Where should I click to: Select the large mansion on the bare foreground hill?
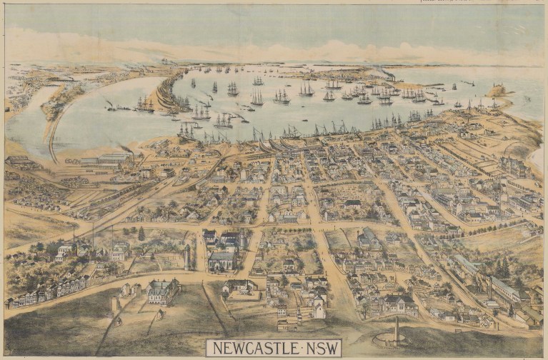coord(164,291)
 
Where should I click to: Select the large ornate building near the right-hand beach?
coord(514,166)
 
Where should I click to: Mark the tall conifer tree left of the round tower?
coord(141,234)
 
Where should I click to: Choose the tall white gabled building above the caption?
coord(317,309)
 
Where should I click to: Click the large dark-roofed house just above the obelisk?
coord(400,304)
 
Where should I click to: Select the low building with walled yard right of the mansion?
coord(239,289)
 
